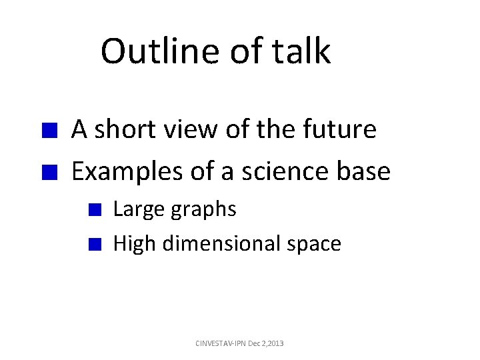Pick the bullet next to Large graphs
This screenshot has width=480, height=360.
(x=95, y=210)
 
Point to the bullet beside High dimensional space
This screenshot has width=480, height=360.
(x=95, y=244)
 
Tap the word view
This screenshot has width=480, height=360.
(x=189, y=129)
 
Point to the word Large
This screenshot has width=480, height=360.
(x=138, y=209)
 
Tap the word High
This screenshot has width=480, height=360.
(x=135, y=244)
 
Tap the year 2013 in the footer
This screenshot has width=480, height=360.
(x=275, y=343)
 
